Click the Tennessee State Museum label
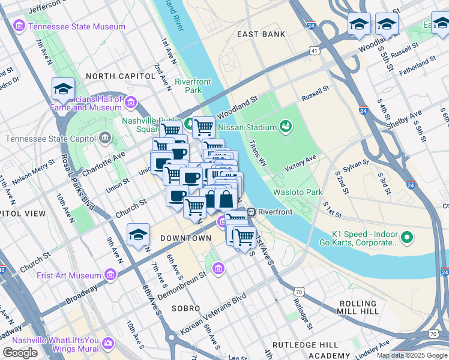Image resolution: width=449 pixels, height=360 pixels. pyautogui.click(x=77, y=26)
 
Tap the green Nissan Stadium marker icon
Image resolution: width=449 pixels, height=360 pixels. pyautogui.click(x=286, y=127)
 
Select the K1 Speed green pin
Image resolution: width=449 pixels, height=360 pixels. pyautogui.click(x=407, y=238)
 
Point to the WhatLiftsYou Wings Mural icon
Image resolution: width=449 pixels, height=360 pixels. pyautogui.click(x=108, y=343)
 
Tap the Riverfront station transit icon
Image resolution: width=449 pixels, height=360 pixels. pyautogui.click(x=252, y=212)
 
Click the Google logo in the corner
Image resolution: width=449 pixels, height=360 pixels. pyautogui.click(x=20, y=353)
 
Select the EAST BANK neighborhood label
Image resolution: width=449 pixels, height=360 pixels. pyautogui.click(x=261, y=34)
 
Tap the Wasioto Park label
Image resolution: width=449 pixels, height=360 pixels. pyautogui.click(x=298, y=192)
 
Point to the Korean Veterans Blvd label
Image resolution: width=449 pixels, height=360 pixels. pyautogui.click(x=214, y=314)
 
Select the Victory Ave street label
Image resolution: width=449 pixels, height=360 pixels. pyautogui.click(x=300, y=163)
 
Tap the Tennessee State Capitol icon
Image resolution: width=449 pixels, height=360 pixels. pyautogui.click(x=106, y=139)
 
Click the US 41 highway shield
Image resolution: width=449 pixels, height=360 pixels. pyautogui.click(x=315, y=52)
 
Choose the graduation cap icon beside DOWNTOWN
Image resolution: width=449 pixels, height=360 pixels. pyautogui.click(x=138, y=235)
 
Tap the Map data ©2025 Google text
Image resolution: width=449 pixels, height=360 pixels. pyautogui.click(x=412, y=355)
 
